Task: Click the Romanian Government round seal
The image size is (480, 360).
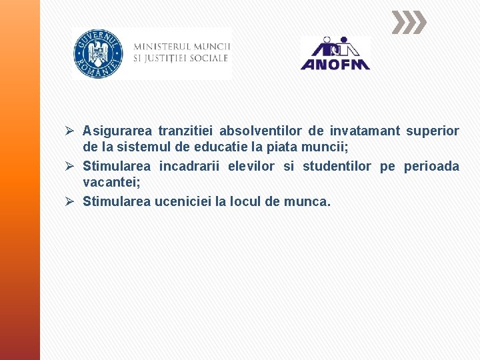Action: [98, 54]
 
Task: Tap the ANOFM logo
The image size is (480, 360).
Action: [335, 54]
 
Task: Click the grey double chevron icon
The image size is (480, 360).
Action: [408, 23]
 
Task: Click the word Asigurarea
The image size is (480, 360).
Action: [117, 130]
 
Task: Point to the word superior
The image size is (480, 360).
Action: [433, 130]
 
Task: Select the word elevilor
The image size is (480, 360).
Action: [251, 166]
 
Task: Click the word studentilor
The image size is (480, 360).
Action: [337, 166]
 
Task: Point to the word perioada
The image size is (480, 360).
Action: [431, 166]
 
